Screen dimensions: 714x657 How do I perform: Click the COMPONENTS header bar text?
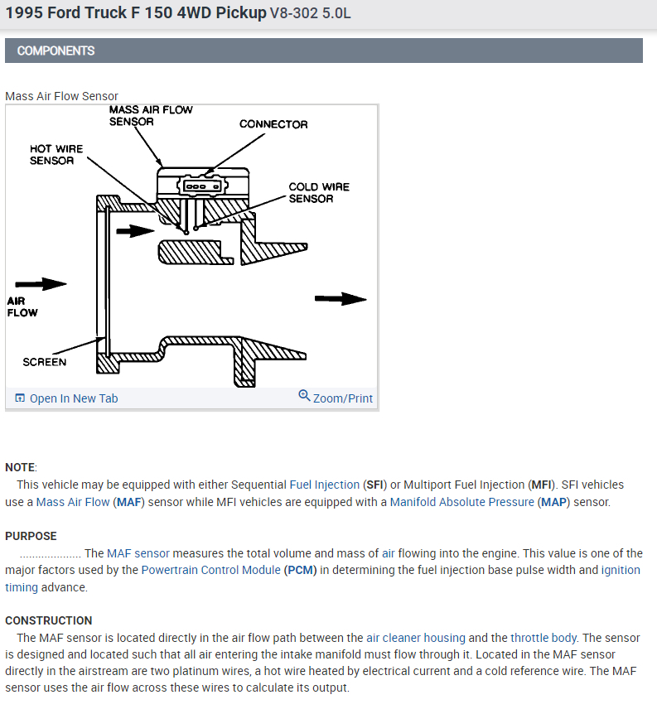[x=56, y=51]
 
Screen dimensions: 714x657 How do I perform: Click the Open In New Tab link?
[x=73, y=398]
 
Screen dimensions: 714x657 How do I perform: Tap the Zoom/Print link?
[x=342, y=398]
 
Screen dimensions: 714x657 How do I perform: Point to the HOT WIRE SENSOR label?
[x=56, y=154]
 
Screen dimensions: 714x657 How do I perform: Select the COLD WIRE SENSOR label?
[x=318, y=192]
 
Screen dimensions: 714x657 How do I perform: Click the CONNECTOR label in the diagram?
[x=273, y=124]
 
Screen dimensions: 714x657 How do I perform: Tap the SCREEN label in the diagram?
[x=45, y=362]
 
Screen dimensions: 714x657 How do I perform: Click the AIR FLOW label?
[x=22, y=307]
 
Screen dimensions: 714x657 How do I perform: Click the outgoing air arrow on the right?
[x=341, y=299]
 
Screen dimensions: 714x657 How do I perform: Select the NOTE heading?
[x=20, y=467]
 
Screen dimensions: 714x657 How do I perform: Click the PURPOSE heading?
[x=31, y=536]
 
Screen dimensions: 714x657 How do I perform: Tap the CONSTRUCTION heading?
[x=48, y=620]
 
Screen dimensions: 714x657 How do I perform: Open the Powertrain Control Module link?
[x=210, y=571]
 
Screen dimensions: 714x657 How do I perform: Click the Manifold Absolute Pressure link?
[x=462, y=502]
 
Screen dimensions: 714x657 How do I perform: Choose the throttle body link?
[x=543, y=638]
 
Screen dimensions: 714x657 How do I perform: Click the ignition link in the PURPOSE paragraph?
[x=621, y=571]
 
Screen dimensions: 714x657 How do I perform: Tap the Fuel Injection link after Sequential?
[x=324, y=485]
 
